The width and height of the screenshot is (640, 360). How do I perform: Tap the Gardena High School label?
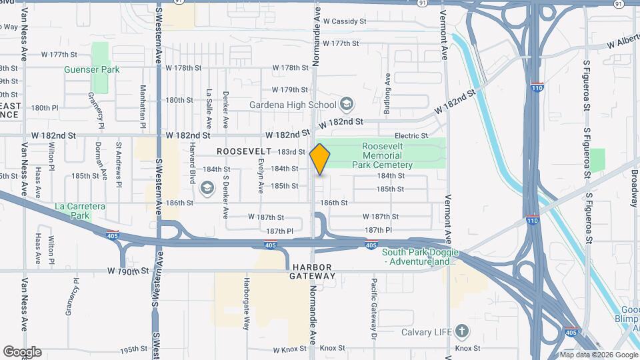[x=293, y=105]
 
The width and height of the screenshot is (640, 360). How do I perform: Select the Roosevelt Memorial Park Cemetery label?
[x=387, y=155]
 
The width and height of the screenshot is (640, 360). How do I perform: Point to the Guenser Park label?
[x=91, y=69]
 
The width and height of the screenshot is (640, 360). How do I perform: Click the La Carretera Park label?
[x=81, y=211]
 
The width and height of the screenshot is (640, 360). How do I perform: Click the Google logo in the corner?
[x=22, y=352]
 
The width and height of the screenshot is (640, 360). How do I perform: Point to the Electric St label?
[x=411, y=135]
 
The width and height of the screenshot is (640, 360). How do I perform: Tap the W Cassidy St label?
[x=345, y=21]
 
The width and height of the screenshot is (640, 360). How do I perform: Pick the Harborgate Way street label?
[x=246, y=303]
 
